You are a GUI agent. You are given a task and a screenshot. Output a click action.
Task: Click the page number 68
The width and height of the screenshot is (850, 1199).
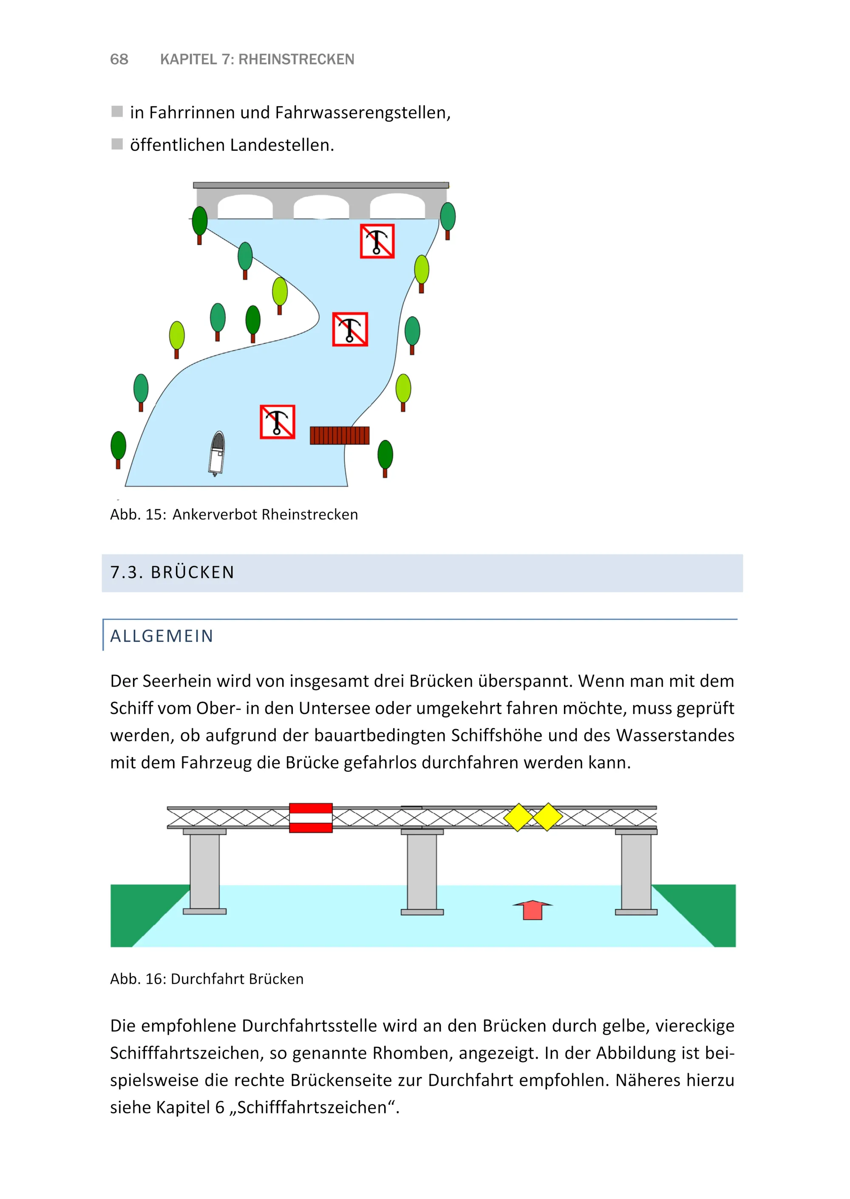coord(119,59)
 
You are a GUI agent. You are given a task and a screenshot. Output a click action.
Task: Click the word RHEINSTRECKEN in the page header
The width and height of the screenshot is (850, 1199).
coord(296,59)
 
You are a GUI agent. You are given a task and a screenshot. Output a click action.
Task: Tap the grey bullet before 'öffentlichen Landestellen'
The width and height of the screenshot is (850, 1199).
coord(117,144)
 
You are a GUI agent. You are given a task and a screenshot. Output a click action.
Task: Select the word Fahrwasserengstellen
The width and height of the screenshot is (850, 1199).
coord(362,113)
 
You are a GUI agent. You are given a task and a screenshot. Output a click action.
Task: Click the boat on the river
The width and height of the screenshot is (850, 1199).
coord(217,453)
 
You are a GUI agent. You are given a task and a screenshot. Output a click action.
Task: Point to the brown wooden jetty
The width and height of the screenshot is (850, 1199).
coord(339,435)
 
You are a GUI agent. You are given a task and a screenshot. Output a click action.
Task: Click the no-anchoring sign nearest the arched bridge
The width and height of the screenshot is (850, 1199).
coord(377,241)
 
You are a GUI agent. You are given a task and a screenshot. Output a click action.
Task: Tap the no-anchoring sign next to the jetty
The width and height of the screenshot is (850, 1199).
coord(278,422)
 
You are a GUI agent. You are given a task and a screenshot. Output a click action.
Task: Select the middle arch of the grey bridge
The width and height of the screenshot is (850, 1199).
coord(321,208)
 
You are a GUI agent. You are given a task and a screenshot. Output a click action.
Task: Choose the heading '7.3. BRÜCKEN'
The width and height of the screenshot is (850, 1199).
coord(172,572)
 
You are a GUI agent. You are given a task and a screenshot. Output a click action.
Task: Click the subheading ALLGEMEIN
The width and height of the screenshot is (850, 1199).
coord(162,636)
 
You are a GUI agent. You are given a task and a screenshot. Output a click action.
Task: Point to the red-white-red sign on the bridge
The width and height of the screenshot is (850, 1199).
coord(311,818)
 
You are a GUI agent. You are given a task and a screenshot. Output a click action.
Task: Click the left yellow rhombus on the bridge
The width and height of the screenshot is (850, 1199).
coord(518,817)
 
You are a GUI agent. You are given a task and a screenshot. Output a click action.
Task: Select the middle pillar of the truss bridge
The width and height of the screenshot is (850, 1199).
coord(422,871)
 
